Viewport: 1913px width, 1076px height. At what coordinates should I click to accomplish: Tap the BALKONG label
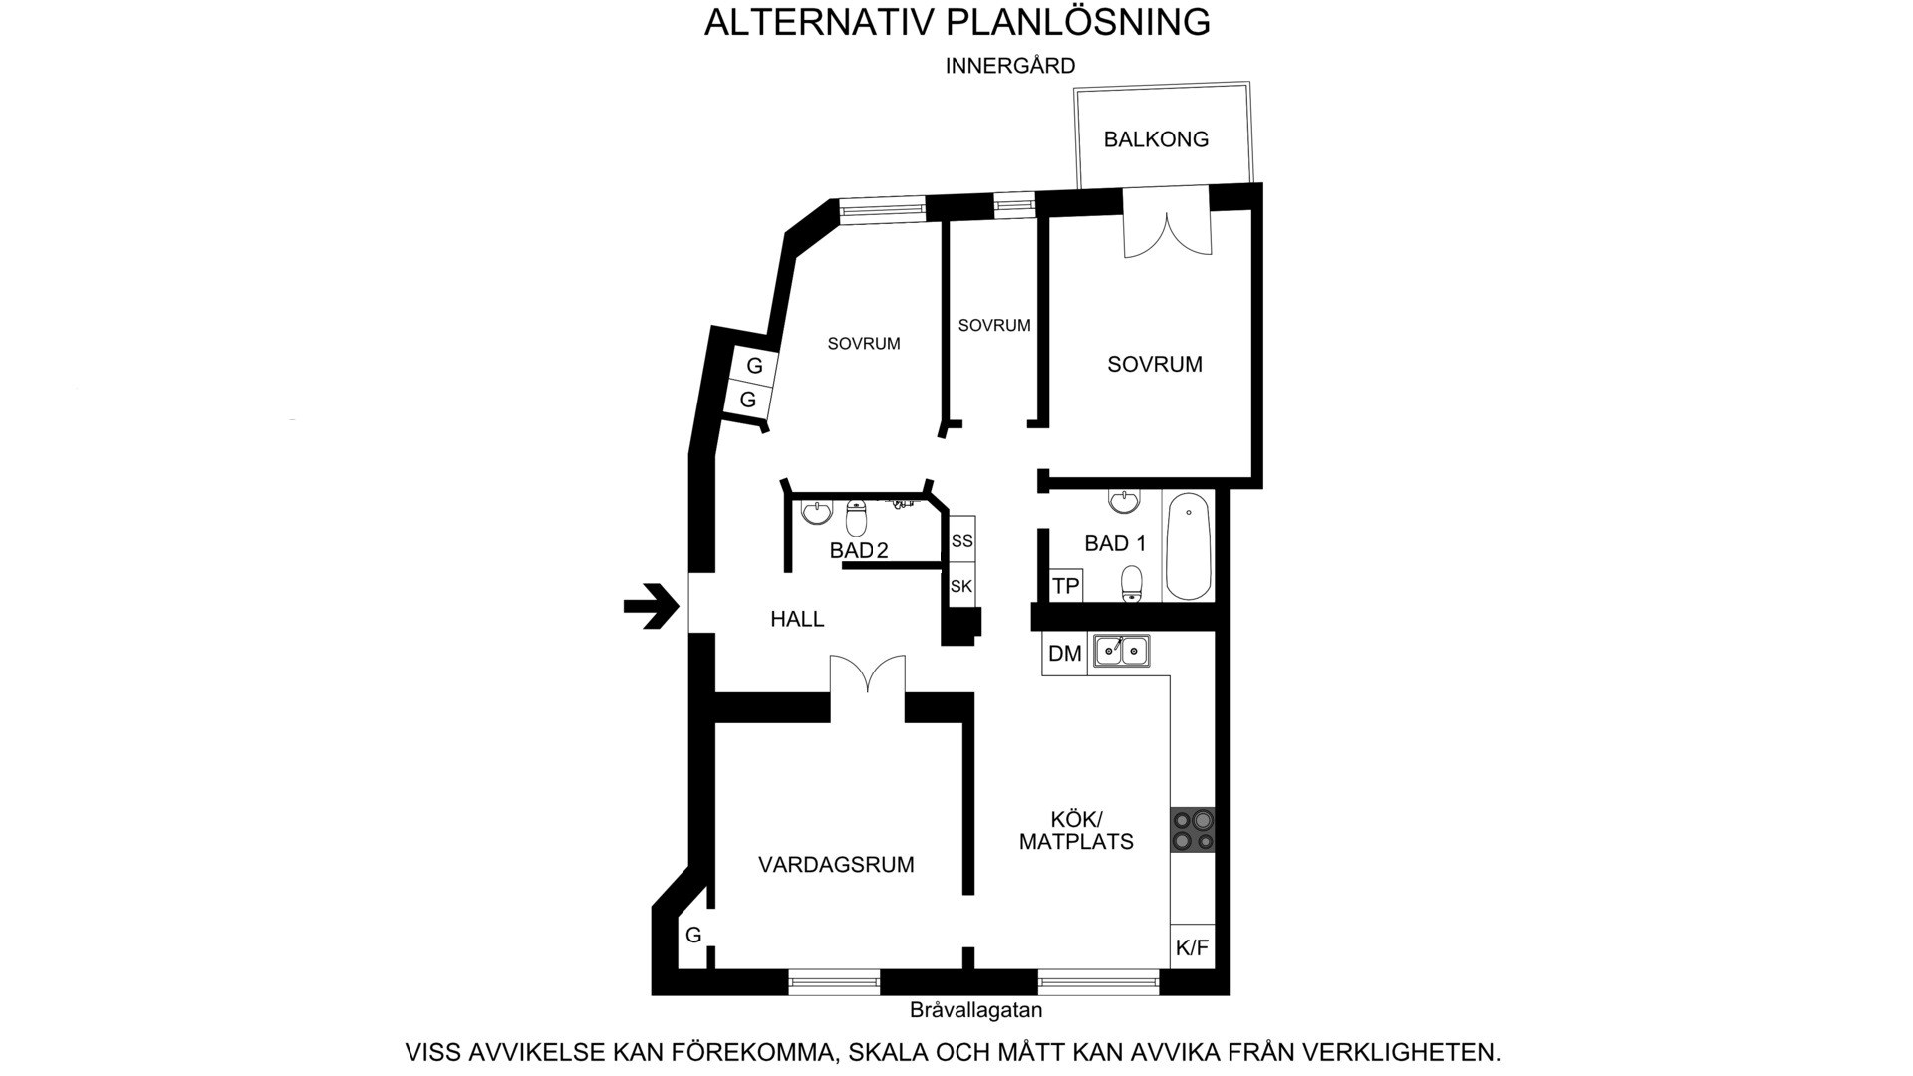pyautogui.click(x=1156, y=139)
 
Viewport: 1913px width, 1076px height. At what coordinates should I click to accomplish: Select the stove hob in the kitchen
pyautogui.click(x=1193, y=830)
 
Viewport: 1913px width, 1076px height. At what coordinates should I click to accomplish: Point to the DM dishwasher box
pyautogui.click(x=1065, y=654)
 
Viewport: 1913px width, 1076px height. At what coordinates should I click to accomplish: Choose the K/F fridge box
pyautogui.click(x=1193, y=947)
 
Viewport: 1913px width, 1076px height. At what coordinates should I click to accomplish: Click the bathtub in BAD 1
pyautogui.click(x=1189, y=546)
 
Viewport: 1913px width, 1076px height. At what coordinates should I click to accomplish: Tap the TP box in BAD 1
pyautogui.click(x=1066, y=586)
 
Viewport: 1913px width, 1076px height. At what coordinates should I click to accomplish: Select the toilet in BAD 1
pyautogui.click(x=1132, y=584)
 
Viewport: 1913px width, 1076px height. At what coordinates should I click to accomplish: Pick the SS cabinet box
pyautogui.click(x=961, y=541)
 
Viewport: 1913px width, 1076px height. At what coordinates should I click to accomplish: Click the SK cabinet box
pyautogui.click(x=961, y=586)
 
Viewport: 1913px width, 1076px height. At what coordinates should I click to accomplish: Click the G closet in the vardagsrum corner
pyautogui.click(x=693, y=936)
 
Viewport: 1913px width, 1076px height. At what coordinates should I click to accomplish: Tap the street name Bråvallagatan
pyautogui.click(x=975, y=1010)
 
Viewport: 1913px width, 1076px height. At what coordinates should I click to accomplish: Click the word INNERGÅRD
pyautogui.click(x=1010, y=66)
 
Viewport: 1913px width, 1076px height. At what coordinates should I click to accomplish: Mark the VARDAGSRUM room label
pyautogui.click(x=836, y=865)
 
